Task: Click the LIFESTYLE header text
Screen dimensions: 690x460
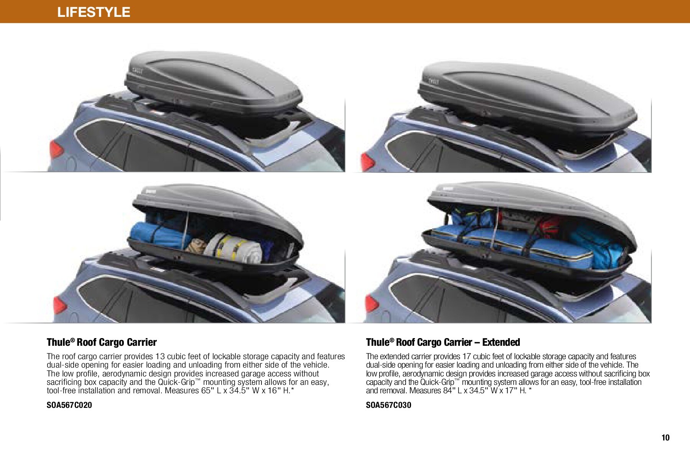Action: click(x=94, y=12)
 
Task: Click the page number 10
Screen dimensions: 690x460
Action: click(x=665, y=438)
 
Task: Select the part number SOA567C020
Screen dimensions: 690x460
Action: click(x=69, y=405)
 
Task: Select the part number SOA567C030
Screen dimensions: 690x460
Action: click(x=389, y=405)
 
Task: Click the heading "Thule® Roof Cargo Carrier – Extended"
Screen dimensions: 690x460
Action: click(x=443, y=342)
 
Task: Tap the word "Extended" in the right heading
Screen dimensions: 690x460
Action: click(x=501, y=342)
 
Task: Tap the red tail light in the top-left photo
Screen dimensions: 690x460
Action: click(x=56, y=149)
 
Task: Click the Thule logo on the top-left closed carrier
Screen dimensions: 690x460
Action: click(x=138, y=71)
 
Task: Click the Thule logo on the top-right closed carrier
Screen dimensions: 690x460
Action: click(x=434, y=81)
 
